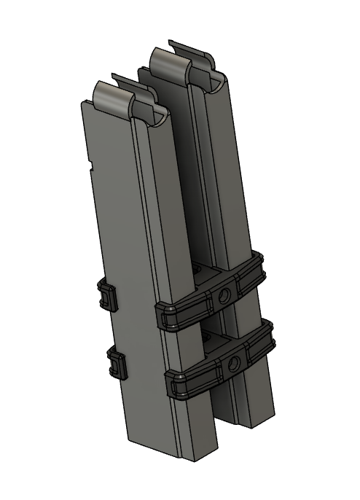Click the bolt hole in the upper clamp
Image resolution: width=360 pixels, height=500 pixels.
[224, 295]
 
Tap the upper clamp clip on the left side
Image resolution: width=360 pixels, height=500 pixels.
[108, 296]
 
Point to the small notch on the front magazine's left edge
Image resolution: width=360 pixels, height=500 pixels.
[90, 166]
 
